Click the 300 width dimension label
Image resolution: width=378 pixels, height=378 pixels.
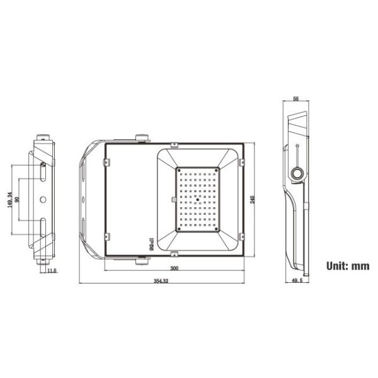tap(174, 269)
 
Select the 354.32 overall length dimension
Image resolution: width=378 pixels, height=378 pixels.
tap(161, 281)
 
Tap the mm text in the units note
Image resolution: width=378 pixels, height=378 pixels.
tap(360, 265)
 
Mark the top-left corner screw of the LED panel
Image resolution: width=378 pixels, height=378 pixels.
tap(178, 170)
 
